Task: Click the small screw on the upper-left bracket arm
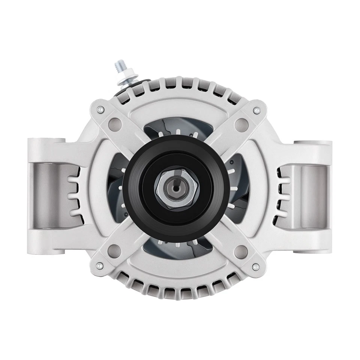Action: point(100,109)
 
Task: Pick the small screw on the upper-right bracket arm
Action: point(256,111)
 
